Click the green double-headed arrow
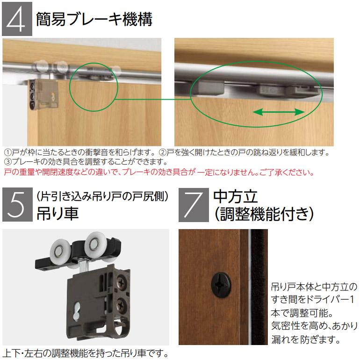pyautogui.click(x=278, y=112)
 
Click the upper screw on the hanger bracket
pyautogui.click(x=123, y=283)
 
